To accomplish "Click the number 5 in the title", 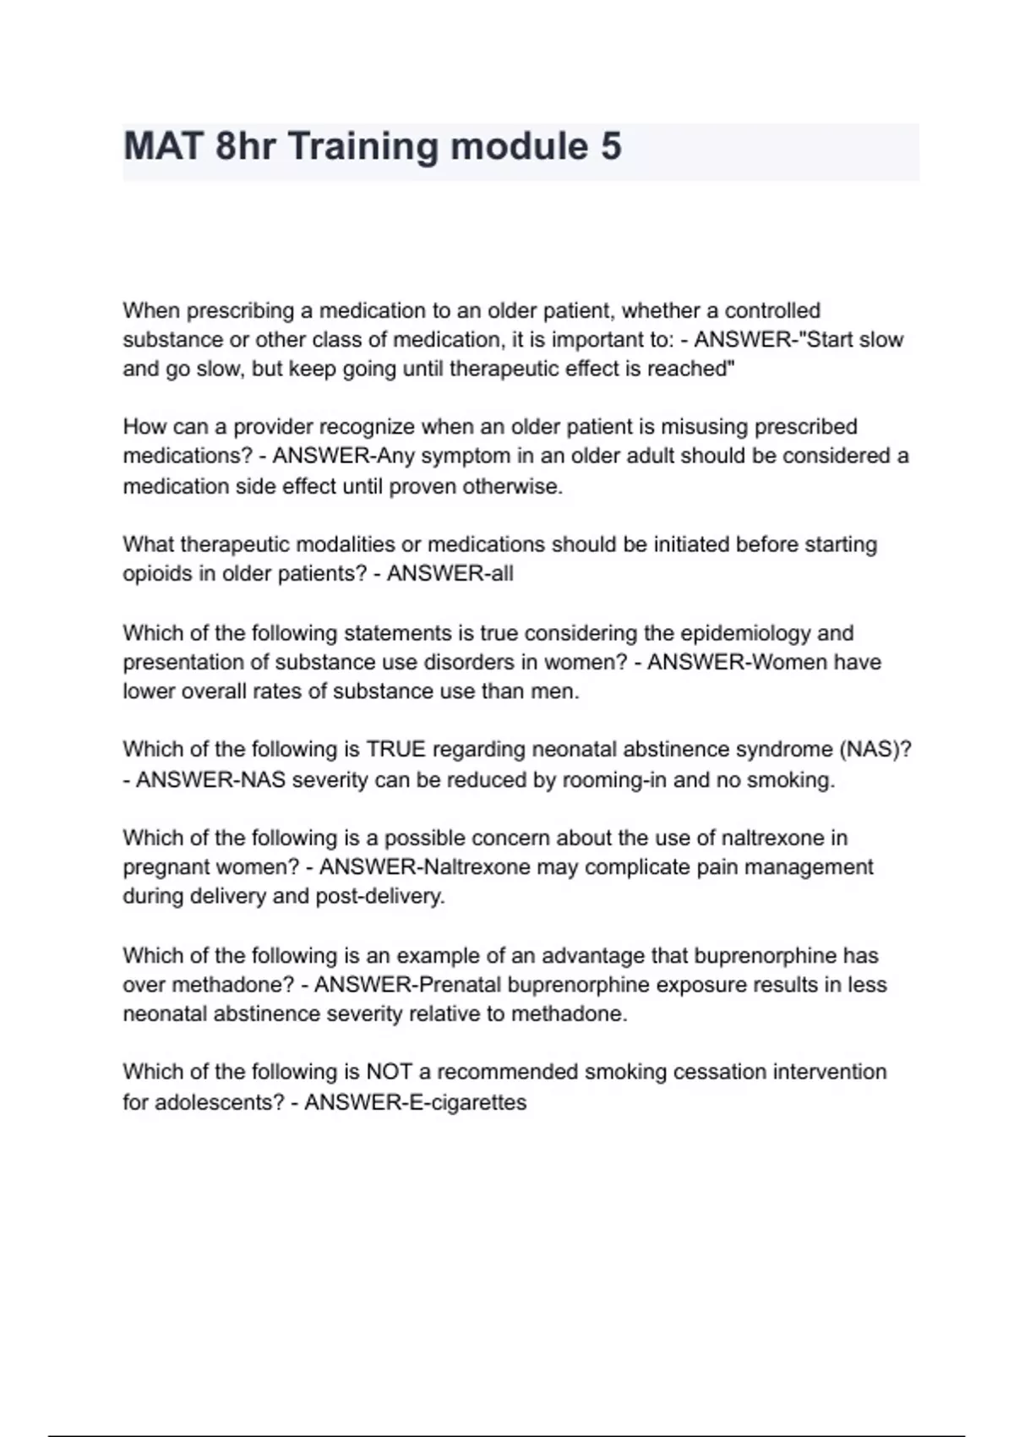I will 611,146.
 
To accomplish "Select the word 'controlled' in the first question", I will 772,311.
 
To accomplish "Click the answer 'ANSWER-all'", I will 450,574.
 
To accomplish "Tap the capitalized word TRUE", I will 396,750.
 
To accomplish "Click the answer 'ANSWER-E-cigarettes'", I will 415,1102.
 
